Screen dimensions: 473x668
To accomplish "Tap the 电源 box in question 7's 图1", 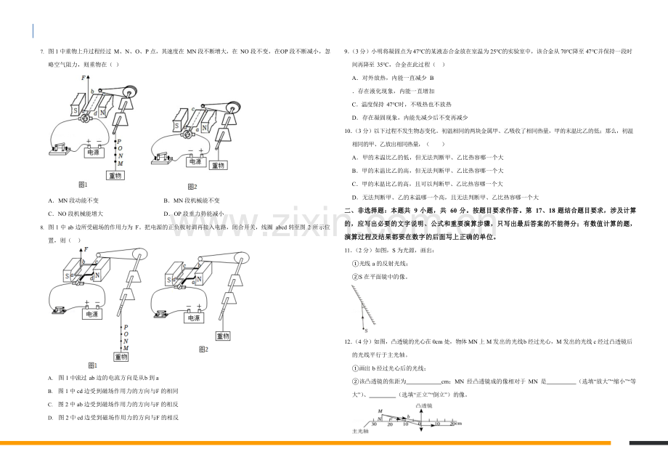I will pyautogui.click(x=94, y=152).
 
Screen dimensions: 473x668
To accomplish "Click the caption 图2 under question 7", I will pyautogui.click(x=192, y=187).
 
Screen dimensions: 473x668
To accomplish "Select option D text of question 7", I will pyautogui.click(x=194, y=214).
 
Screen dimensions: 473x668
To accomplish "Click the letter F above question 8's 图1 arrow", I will pyautogui.click(x=87, y=249).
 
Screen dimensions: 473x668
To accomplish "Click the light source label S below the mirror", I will pyautogui.click(x=366, y=331).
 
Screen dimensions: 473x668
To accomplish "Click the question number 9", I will pyautogui.click(x=347, y=52).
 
